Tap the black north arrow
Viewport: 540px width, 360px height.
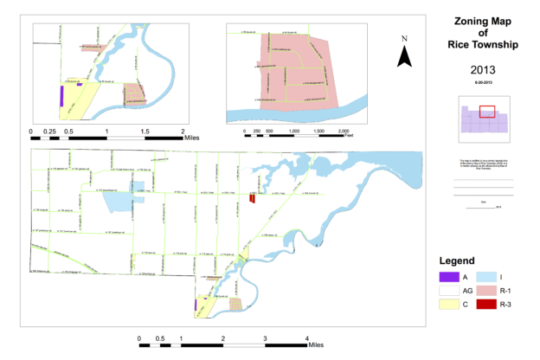[404, 57]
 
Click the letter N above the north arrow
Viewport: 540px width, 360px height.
[404, 39]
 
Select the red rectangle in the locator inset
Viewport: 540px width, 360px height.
[486, 111]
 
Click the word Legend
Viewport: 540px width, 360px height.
[458, 260]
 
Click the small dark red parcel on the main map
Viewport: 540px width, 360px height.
[252, 198]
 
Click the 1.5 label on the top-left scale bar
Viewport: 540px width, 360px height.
[145, 131]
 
